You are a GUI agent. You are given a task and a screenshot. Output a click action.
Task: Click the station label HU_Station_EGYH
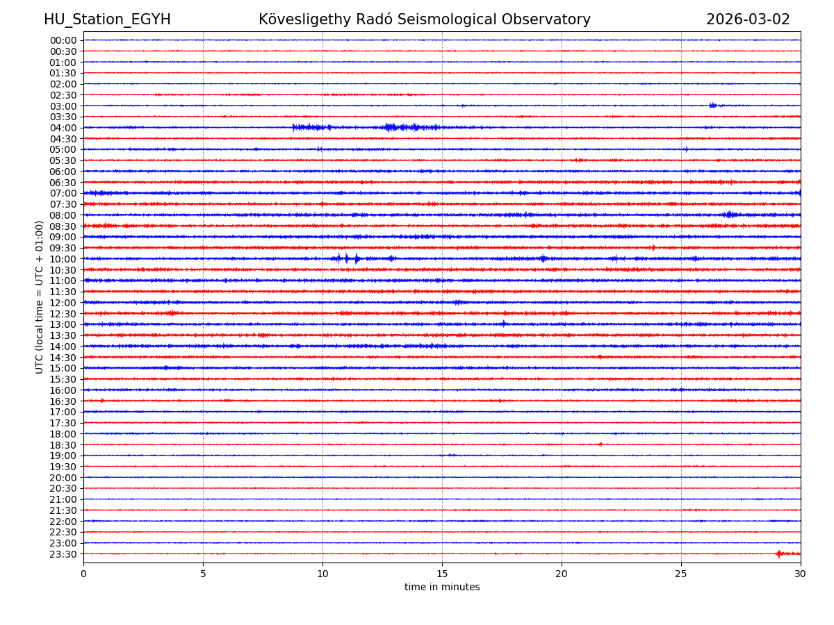coord(107,19)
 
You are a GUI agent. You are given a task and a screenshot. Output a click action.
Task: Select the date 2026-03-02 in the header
coord(748,19)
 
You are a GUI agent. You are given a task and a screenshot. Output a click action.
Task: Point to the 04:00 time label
coord(63,128)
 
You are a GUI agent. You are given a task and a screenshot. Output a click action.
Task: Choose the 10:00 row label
coord(63,259)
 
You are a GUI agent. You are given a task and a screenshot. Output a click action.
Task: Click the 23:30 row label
coord(63,554)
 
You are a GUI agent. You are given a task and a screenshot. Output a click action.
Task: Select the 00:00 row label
coord(63,40)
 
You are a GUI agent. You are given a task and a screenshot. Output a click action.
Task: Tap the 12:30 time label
coord(63,314)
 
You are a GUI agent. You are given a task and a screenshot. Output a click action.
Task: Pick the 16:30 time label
coord(63,401)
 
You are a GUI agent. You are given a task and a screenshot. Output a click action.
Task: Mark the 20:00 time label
coord(63,478)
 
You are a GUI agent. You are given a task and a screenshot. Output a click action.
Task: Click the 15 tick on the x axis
coord(442,574)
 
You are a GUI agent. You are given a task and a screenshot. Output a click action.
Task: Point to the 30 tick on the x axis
coord(801,574)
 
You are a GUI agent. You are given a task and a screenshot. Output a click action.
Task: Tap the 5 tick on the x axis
coord(203,574)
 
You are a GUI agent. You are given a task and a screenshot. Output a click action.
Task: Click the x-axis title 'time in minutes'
coord(442,587)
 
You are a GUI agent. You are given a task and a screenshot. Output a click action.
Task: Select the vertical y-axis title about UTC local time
coord(40,297)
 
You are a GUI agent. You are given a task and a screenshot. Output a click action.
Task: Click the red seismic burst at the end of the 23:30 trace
coord(779,553)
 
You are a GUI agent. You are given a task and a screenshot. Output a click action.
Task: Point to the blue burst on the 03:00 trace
coord(713,106)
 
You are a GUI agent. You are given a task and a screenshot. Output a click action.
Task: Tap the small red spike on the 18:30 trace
coord(600,444)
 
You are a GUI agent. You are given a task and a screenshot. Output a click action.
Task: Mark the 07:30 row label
coord(63,204)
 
